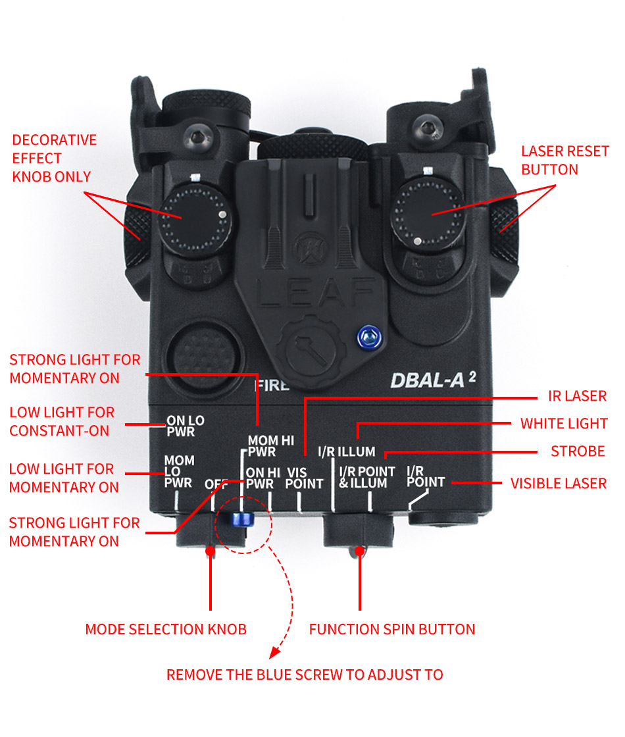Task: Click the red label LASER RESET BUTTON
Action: coord(565,161)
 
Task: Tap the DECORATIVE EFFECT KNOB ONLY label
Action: coord(55,159)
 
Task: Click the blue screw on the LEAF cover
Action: coord(369,337)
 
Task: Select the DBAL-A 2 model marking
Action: coord(433,380)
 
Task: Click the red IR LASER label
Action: coord(577,395)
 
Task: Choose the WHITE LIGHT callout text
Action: coord(564,424)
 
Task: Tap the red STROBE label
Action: coord(578,451)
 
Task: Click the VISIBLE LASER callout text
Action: coord(559,483)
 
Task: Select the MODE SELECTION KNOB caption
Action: coord(166,629)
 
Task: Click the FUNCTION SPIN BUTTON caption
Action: coord(392,629)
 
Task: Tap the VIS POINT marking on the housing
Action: coord(304,478)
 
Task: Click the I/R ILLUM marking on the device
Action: coord(347,451)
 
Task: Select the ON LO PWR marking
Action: coord(185,426)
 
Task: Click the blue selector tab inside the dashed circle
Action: coord(243,519)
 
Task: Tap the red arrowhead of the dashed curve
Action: coord(274,652)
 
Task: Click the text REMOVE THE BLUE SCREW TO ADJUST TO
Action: coord(305,675)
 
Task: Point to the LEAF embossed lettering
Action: coord(316,292)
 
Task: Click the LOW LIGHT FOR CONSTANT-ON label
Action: coord(62,422)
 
